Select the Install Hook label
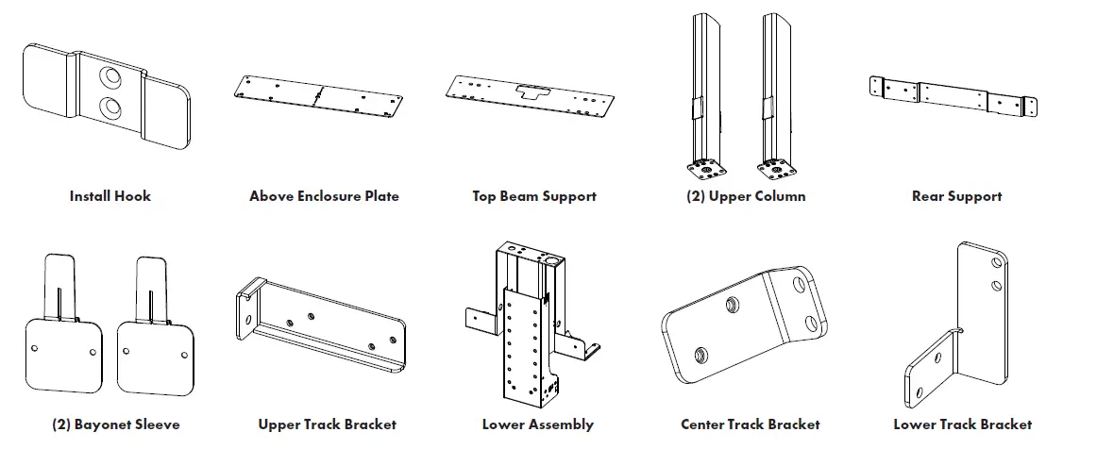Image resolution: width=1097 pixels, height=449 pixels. (110, 196)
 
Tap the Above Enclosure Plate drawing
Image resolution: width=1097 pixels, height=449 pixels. (321, 95)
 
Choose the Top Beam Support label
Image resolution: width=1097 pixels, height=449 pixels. (534, 196)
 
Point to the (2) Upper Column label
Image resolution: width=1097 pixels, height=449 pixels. (746, 196)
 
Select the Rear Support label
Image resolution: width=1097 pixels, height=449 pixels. (956, 196)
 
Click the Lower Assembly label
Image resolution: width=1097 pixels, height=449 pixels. (537, 424)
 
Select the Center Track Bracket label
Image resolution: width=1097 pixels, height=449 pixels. (750, 424)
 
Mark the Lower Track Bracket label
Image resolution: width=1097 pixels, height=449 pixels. (962, 424)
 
